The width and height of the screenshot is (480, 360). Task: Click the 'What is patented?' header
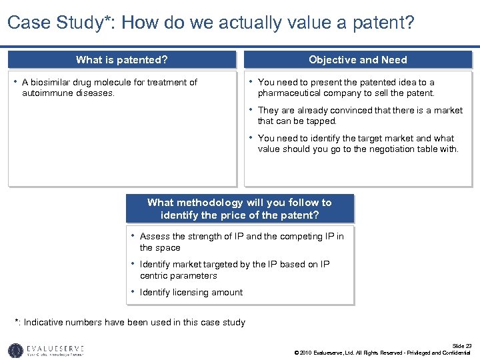pos(121,60)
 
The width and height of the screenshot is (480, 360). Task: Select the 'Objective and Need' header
pos(357,60)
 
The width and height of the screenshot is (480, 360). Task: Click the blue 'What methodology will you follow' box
pos(239,209)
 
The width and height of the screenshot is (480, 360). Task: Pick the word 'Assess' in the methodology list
pos(155,237)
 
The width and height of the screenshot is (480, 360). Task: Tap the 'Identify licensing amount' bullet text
pos(191,293)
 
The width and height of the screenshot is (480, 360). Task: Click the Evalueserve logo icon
pos(15,350)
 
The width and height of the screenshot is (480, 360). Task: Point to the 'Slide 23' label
pos(461,345)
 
